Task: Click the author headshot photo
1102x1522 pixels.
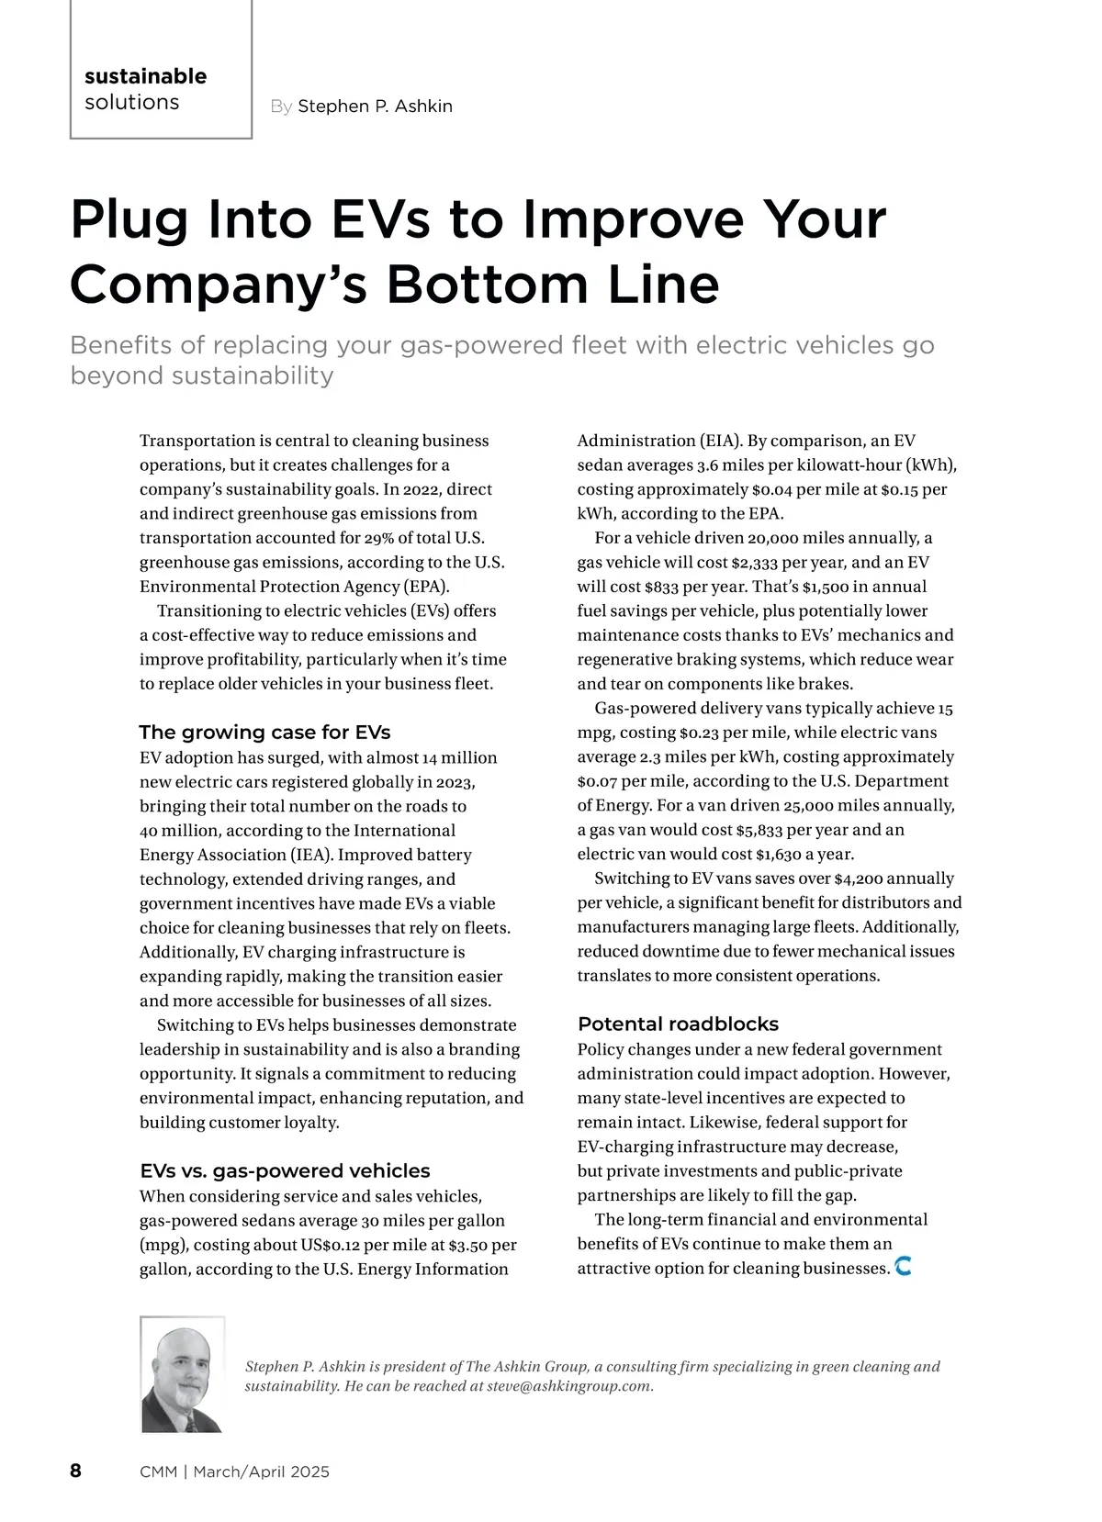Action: point(183,1374)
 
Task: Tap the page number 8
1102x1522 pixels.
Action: point(75,1471)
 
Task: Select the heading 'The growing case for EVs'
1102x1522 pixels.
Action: point(264,732)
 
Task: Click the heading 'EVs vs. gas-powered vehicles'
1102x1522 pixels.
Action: point(285,1170)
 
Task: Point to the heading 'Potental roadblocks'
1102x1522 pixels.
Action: point(678,1024)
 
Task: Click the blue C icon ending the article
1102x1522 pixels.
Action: point(903,1267)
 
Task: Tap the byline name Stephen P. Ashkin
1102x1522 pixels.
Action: point(375,106)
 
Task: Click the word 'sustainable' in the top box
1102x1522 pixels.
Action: point(145,76)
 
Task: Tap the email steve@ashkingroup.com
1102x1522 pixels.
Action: point(568,1386)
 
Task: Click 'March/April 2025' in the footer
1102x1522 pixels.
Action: point(261,1472)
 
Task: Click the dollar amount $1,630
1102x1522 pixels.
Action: point(780,855)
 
